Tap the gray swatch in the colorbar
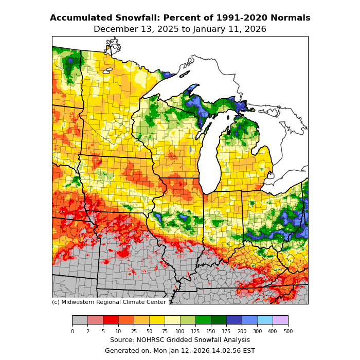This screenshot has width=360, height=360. pyautogui.click(x=80, y=320)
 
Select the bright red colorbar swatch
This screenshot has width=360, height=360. pyautogui.click(x=111, y=320)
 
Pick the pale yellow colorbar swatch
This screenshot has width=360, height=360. pyautogui.click(x=172, y=320)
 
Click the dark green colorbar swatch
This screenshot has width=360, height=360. pyautogui.click(x=219, y=320)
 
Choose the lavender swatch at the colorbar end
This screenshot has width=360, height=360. pyautogui.click(x=280, y=320)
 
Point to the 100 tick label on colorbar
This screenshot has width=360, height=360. pyautogui.click(x=180, y=332)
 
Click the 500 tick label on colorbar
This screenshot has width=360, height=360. pyautogui.click(x=288, y=332)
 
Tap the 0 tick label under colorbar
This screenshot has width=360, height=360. pyautogui.click(x=72, y=332)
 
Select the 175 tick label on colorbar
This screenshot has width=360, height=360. pyautogui.click(x=226, y=332)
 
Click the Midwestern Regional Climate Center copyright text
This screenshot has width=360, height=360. pyautogui.click(x=109, y=302)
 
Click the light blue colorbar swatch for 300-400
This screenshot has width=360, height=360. pyautogui.click(x=265, y=320)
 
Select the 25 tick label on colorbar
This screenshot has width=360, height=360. pyautogui.click(x=134, y=332)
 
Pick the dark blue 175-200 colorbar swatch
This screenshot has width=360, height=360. pyautogui.click(x=234, y=320)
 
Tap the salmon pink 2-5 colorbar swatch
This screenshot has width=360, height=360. pyautogui.click(x=95, y=320)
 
